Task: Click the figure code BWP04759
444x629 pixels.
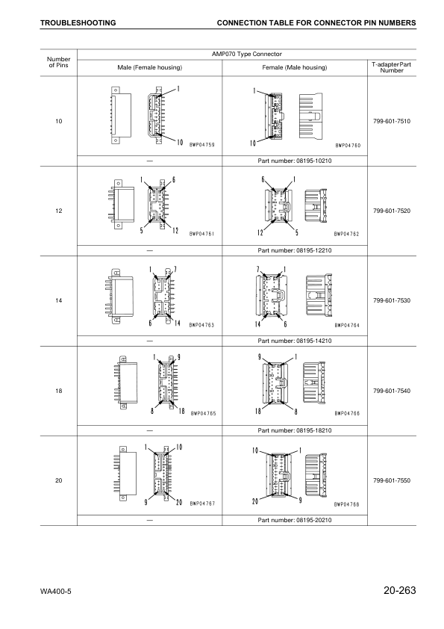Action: (x=201, y=144)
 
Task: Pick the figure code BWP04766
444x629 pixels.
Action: (x=347, y=413)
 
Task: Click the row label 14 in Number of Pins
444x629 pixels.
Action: (x=58, y=300)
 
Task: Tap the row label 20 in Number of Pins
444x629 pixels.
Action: (x=58, y=480)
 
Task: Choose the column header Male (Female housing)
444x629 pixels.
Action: (x=149, y=67)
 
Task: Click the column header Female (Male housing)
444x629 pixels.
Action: (x=295, y=67)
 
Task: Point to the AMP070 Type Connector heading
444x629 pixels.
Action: (x=248, y=53)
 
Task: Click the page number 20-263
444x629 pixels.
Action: (x=399, y=592)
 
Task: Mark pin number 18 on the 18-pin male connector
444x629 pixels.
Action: (x=180, y=412)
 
